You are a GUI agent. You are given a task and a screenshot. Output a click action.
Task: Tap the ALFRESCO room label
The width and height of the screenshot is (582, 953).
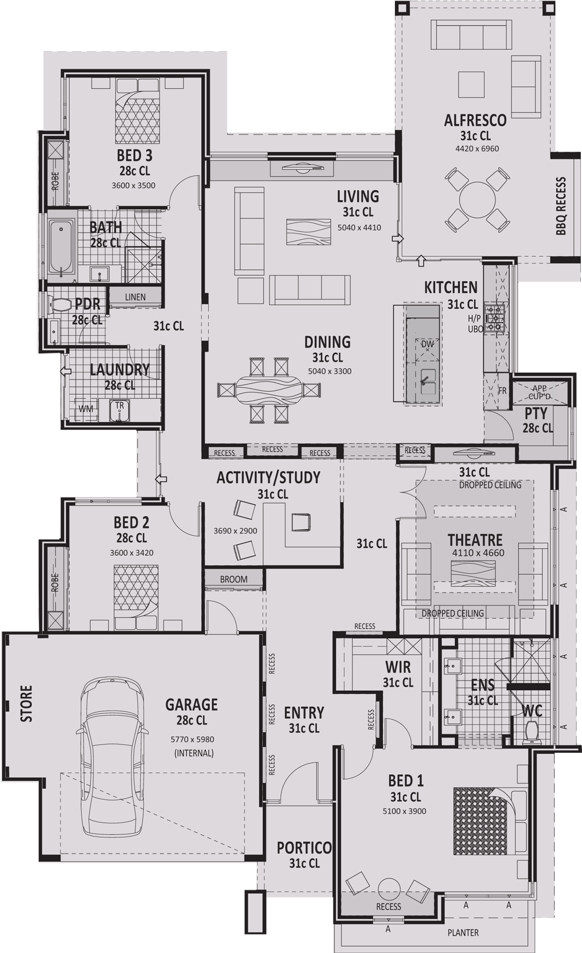click(475, 121)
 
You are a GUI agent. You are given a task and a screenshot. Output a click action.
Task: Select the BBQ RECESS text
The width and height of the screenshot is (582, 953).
click(561, 207)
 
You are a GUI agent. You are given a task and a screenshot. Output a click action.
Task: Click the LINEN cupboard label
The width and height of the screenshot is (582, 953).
click(135, 297)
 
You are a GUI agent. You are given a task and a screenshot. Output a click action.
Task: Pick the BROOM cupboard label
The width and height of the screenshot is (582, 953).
click(233, 579)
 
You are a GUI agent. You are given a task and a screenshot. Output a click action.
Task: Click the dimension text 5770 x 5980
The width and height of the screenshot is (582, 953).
click(192, 739)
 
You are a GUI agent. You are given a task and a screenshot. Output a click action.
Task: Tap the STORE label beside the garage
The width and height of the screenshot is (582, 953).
click(27, 704)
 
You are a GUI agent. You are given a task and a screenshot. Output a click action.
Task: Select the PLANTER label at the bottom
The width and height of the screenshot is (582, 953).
click(462, 933)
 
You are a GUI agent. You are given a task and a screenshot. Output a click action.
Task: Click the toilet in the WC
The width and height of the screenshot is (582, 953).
click(532, 733)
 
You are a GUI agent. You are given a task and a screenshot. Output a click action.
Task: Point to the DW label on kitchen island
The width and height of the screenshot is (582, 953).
click(427, 344)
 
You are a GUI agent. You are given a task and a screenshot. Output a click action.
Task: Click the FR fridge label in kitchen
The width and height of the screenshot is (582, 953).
click(502, 391)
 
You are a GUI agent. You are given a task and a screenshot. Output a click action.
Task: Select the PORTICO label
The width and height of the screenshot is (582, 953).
click(304, 848)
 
